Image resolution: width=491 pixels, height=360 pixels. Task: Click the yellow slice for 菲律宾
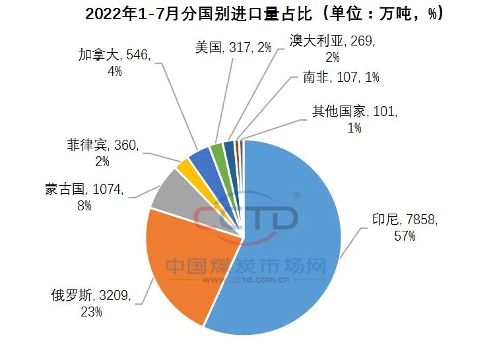coord(185,164)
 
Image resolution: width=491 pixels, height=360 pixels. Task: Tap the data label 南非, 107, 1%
coord(341,77)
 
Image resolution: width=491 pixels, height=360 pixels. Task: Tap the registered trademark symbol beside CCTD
coord(297,196)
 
